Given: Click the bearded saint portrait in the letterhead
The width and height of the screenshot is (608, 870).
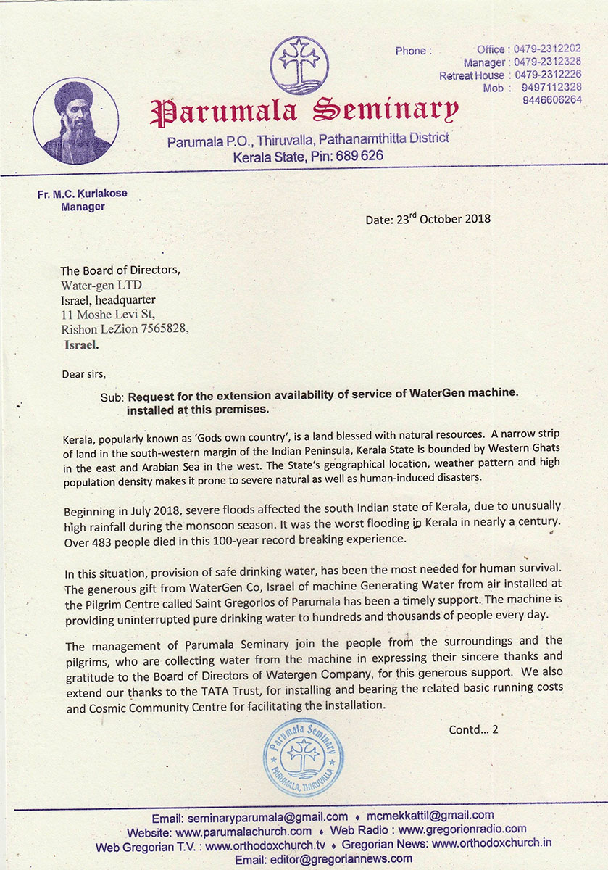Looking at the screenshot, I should [76, 121].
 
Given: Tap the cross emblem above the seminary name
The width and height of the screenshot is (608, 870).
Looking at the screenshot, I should [299, 65].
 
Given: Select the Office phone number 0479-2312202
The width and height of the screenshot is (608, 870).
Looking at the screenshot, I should [547, 49].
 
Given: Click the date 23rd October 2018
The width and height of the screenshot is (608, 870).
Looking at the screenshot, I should [428, 219].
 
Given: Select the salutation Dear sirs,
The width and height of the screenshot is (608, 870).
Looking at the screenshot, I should [84, 375].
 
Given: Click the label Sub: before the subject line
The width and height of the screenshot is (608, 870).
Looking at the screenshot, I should [112, 397].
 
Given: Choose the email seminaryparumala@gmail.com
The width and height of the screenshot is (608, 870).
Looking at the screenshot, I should [268, 816].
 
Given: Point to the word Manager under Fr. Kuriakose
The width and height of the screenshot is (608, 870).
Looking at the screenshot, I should [83, 207].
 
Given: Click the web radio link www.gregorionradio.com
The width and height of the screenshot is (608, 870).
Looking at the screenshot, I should [462, 829].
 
